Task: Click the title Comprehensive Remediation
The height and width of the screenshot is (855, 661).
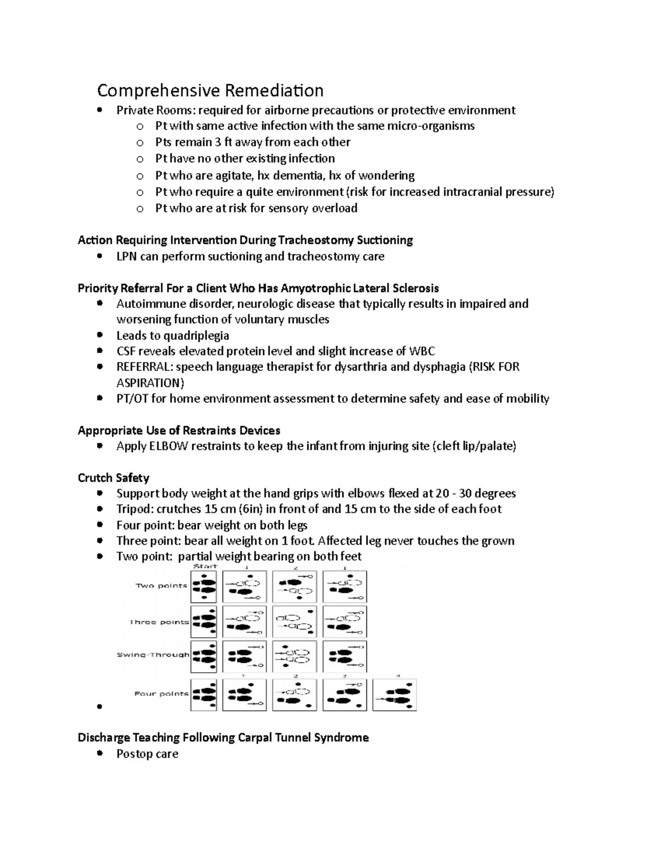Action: pos(210,90)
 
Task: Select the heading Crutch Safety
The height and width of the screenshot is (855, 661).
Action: pos(113,478)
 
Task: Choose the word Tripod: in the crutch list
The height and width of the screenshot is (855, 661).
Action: pos(134,509)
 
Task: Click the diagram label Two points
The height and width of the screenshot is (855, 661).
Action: pos(161,586)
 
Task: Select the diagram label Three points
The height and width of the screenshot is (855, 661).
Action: pos(159,622)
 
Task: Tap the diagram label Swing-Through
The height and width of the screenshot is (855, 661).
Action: pos(153,655)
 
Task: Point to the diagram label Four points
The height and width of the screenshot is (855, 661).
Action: pos(161,694)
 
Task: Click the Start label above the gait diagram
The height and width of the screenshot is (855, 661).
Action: pos(205,566)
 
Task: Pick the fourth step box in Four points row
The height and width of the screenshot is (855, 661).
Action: pos(394,695)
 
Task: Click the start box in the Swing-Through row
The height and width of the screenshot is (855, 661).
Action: pos(204,656)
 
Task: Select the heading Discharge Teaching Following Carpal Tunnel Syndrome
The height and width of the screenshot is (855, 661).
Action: pos(223,738)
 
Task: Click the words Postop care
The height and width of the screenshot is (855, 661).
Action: pos(147,754)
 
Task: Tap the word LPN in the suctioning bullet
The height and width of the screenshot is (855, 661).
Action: pos(126,257)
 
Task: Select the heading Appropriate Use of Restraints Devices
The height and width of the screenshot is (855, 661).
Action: pos(179,431)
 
